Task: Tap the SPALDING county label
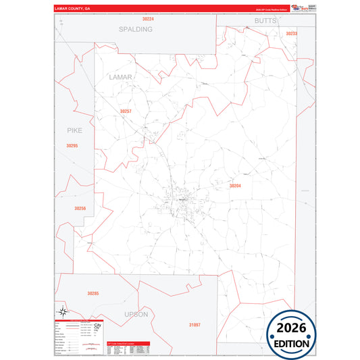pyautogui.click(x=135, y=30)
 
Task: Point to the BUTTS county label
pyautogui.click(x=265, y=22)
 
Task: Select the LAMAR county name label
pyautogui.click(x=120, y=78)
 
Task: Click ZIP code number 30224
pyautogui.click(x=148, y=19)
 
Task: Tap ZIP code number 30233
pyautogui.click(x=291, y=33)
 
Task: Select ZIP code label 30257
pyautogui.click(x=125, y=111)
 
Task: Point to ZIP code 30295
pyautogui.click(x=72, y=146)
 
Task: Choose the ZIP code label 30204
pyautogui.click(x=235, y=185)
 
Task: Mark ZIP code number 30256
pyautogui.click(x=80, y=209)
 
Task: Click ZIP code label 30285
pyautogui.click(x=93, y=293)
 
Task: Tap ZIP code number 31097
pyautogui.click(x=195, y=326)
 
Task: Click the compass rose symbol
pyautogui.click(x=63, y=311)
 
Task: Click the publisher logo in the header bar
pyautogui.click(x=298, y=9)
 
